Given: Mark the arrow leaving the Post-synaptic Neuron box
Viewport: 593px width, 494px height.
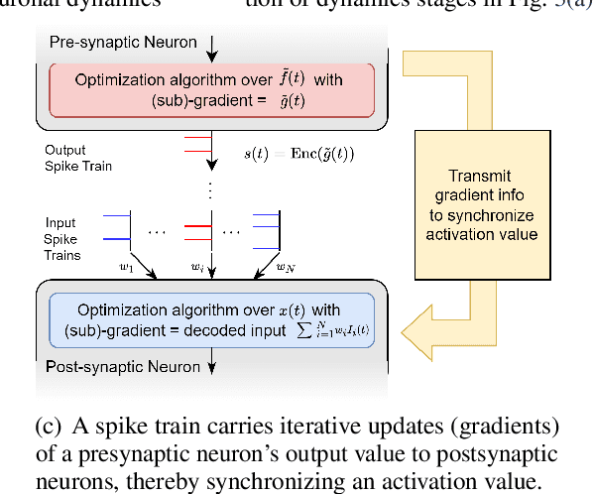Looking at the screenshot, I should [x=211, y=369].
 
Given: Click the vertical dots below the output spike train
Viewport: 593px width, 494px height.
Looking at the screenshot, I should [x=211, y=187].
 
